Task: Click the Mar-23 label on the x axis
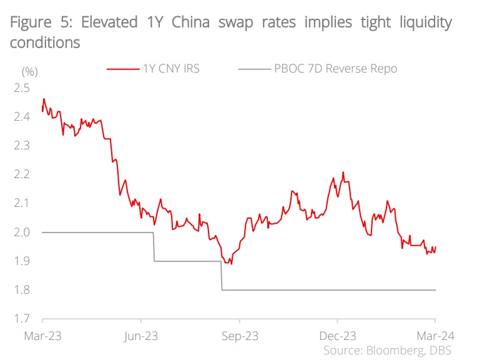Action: [42, 336]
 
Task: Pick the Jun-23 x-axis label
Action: [140, 336]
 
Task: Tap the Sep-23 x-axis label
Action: [240, 336]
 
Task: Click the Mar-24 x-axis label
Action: [435, 336]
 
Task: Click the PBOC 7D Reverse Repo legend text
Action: [336, 69]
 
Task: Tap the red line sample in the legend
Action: [122, 69]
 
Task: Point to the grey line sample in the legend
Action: [253, 69]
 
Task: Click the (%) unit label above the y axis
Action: [30, 71]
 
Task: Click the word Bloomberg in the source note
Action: [394, 349]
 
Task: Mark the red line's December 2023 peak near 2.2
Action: [343, 172]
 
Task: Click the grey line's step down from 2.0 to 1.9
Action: [154, 247]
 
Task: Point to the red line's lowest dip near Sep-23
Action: [232, 264]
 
